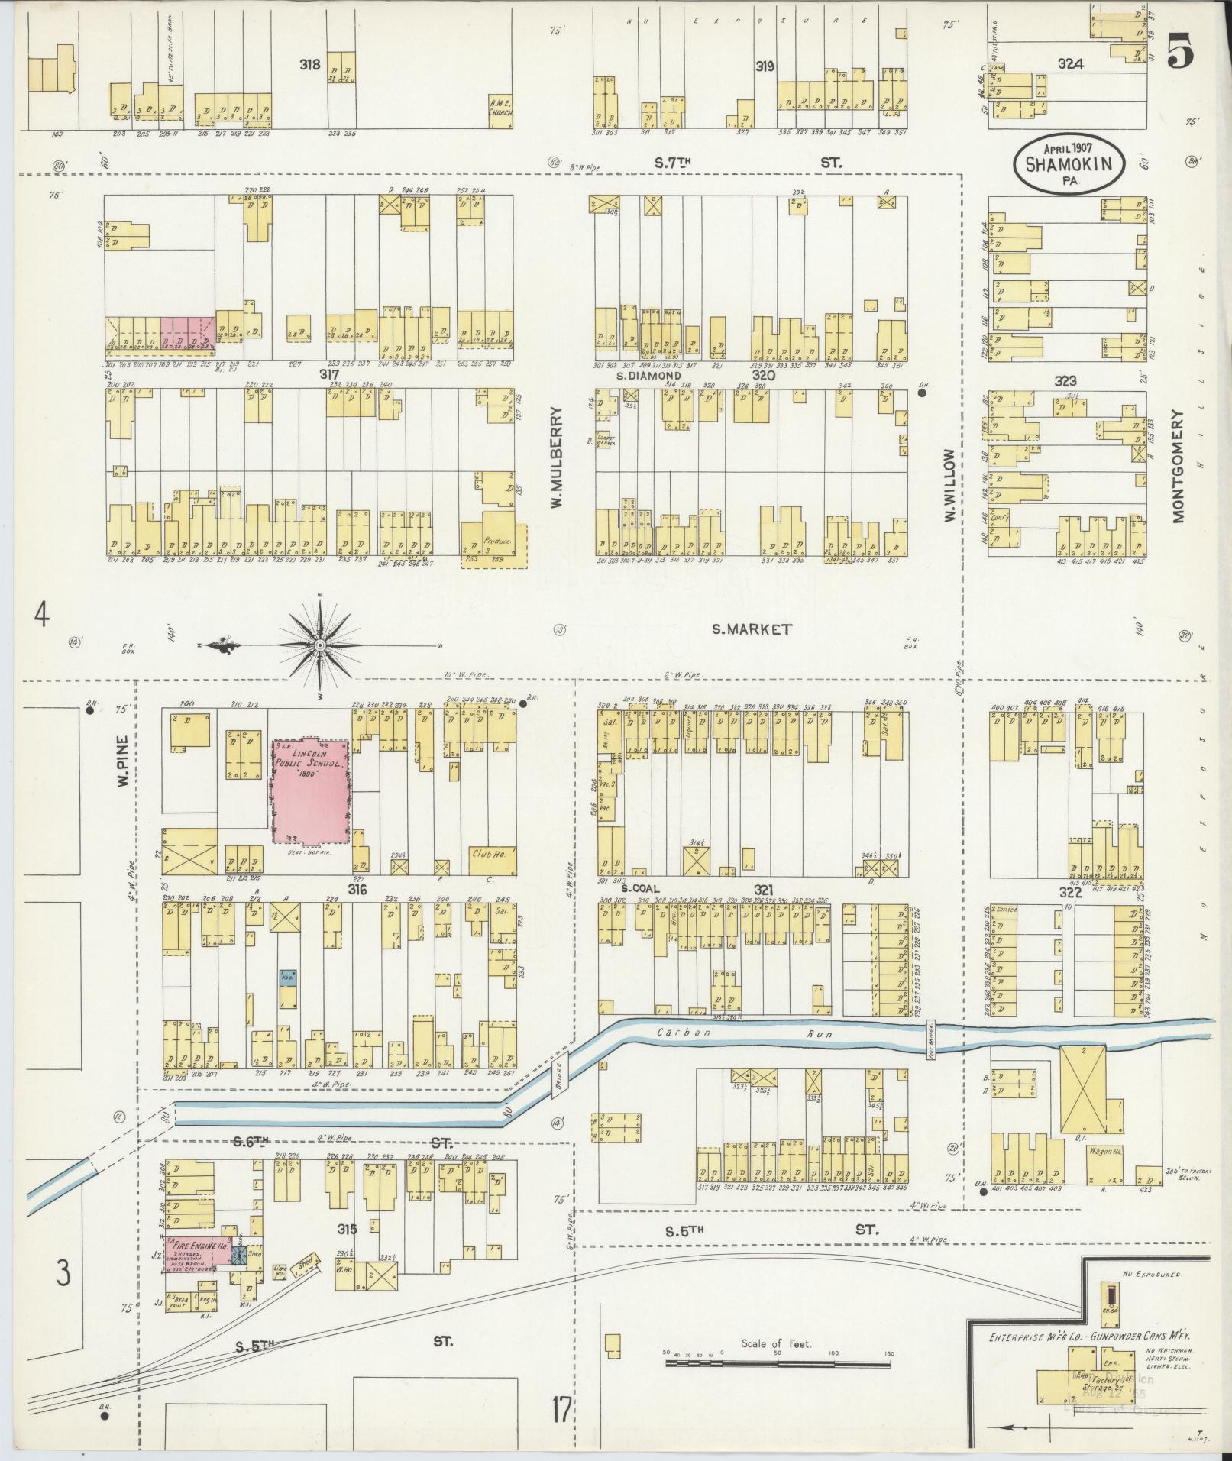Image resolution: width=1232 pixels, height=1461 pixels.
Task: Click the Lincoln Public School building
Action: tap(312, 790)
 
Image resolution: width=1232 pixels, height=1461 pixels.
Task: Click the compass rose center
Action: tap(320, 646)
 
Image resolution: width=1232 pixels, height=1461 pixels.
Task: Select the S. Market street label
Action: tap(752, 629)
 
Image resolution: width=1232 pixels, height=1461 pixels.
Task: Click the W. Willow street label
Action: tap(949, 485)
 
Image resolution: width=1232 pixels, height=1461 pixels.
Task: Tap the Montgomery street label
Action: tap(1177, 466)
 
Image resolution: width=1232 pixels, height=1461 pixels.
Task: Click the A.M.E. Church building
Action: tap(500, 112)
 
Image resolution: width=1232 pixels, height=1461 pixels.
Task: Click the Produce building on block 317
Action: tap(496, 544)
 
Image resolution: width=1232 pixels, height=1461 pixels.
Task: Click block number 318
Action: tap(310, 65)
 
